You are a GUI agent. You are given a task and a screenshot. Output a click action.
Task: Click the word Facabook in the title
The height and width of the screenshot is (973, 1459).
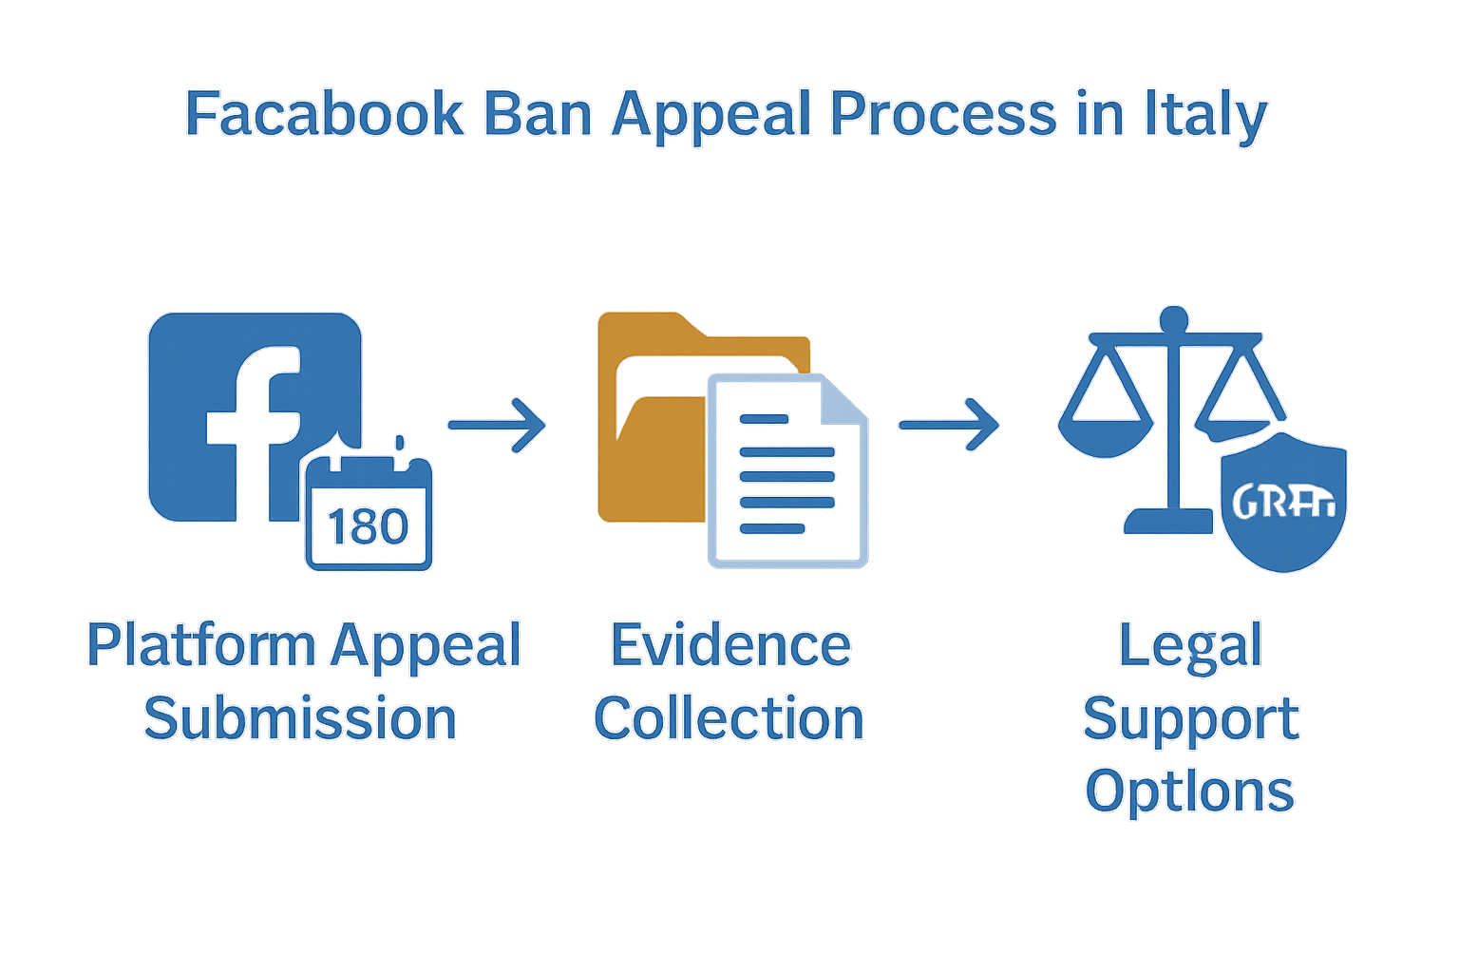coord(324,114)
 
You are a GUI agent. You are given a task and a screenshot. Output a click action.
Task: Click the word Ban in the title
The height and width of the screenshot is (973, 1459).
coord(538,114)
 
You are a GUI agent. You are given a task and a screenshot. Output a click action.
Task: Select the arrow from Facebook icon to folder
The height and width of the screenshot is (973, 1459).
coord(497,425)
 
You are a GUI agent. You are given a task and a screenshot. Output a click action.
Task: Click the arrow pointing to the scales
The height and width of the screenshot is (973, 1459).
coord(948,425)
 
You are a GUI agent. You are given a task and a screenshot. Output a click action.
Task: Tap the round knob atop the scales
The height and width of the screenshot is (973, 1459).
coord(1175,317)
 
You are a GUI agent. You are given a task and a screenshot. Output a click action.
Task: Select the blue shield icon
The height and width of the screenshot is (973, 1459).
coord(1282,504)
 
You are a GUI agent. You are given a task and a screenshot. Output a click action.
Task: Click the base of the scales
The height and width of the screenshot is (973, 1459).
coord(1168,521)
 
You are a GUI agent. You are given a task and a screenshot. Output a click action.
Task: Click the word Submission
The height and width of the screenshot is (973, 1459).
coord(300,718)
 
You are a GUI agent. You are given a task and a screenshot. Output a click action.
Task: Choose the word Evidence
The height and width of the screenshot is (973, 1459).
coord(729,646)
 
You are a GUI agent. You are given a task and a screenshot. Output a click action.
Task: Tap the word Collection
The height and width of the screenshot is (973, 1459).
coord(729,718)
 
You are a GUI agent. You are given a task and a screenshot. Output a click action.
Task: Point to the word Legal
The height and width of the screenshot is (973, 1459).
coord(1190,646)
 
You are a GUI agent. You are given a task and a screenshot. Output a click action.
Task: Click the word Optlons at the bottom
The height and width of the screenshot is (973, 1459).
coord(1189,792)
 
